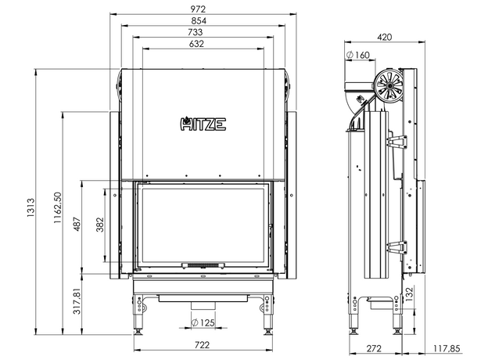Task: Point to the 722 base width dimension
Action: (x=203, y=345)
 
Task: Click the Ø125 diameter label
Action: (x=203, y=322)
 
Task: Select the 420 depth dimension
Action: (x=384, y=35)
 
